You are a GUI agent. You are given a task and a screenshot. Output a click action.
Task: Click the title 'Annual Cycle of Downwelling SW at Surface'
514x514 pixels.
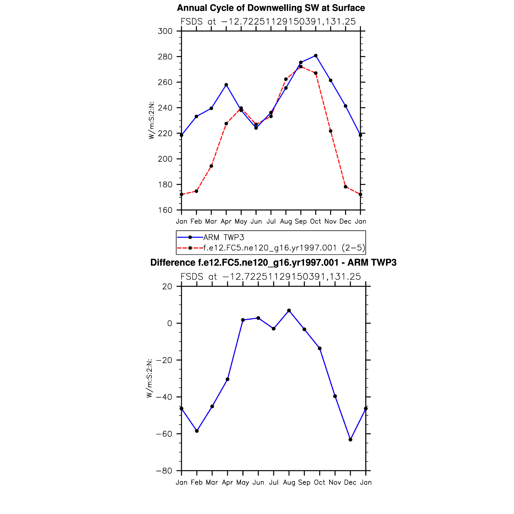pyautogui.click(x=271, y=8)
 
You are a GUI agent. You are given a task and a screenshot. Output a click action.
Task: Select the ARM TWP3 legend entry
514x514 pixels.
pyautogui.click(x=224, y=237)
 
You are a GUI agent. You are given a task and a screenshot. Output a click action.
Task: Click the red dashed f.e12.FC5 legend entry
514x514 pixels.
pyautogui.click(x=284, y=248)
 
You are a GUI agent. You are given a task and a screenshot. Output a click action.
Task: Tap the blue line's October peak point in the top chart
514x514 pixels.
pyautogui.click(x=315, y=56)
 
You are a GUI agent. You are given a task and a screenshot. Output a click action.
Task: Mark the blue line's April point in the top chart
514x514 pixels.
pyautogui.click(x=226, y=85)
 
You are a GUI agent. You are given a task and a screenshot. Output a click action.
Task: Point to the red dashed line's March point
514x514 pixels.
pyautogui.click(x=211, y=166)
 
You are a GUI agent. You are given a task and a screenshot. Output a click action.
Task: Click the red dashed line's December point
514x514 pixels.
pyautogui.click(x=345, y=187)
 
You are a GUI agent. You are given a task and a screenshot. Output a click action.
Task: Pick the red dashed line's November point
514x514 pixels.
pyautogui.click(x=330, y=131)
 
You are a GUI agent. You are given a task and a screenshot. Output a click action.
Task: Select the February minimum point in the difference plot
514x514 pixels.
pyautogui.click(x=197, y=431)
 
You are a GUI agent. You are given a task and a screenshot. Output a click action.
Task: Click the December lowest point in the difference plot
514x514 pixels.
pyautogui.click(x=350, y=440)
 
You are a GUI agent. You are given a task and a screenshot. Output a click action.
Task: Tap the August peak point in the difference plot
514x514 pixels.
pyautogui.click(x=289, y=311)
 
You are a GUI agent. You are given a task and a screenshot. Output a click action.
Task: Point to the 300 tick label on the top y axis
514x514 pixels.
pyautogui.click(x=165, y=31)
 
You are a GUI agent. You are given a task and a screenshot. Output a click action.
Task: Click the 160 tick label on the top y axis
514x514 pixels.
pyautogui.click(x=165, y=210)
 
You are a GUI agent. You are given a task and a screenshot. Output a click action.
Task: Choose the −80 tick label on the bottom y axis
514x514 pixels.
pyautogui.click(x=164, y=471)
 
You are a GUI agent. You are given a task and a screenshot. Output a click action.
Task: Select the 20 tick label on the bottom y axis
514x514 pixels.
pyautogui.click(x=167, y=286)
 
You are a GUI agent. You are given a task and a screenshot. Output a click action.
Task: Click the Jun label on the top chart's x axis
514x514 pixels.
pyautogui.click(x=256, y=221)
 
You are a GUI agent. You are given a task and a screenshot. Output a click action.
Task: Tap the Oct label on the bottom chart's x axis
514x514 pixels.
pyautogui.click(x=320, y=482)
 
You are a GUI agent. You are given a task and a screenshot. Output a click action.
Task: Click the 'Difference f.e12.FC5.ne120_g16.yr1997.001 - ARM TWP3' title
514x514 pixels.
pyautogui.click(x=273, y=263)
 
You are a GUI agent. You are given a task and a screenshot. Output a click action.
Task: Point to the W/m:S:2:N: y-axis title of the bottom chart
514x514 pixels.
pyautogui.click(x=149, y=378)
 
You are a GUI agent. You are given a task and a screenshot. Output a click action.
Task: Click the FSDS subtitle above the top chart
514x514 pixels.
pyautogui.click(x=268, y=22)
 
